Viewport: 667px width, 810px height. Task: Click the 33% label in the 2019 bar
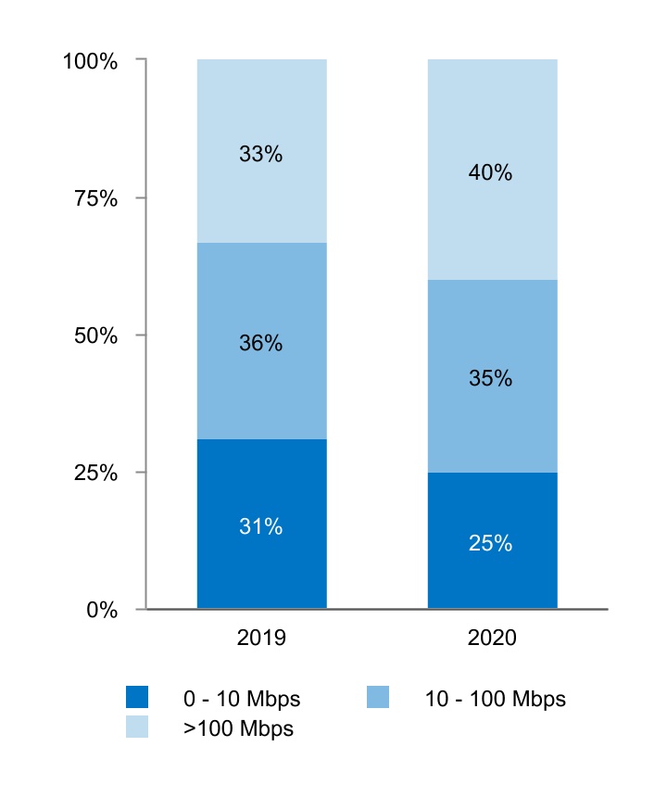click(260, 155)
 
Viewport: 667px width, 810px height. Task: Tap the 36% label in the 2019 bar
click(260, 343)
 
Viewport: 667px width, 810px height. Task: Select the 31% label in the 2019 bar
click(260, 526)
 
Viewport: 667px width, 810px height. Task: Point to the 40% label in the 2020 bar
click(490, 172)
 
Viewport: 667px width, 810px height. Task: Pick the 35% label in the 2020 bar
click(490, 378)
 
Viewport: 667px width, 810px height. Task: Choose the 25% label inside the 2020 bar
click(490, 543)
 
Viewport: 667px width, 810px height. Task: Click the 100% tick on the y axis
click(90, 62)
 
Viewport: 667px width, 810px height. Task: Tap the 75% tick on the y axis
click(95, 199)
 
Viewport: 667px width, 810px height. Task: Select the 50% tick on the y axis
click(95, 336)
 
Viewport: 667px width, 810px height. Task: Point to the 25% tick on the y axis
click(95, 474)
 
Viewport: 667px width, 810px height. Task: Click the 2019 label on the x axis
click(261, 639)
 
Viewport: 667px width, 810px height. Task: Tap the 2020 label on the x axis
click(491, 639)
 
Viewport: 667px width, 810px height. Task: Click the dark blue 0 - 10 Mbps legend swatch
click(137, 697)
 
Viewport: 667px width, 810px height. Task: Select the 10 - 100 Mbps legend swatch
click(378, 697)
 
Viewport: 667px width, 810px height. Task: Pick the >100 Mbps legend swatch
click(137, 728)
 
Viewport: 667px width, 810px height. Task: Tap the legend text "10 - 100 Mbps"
click(495, 699)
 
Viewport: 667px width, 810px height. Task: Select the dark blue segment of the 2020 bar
click(492, 575)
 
